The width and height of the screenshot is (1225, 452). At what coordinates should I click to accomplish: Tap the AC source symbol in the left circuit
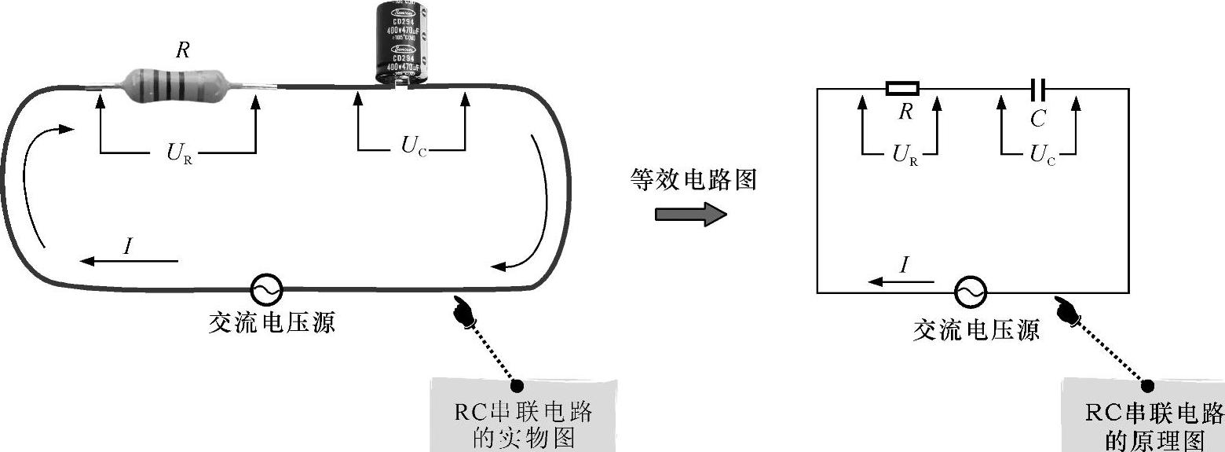pyautogui.click(x=265, y=290)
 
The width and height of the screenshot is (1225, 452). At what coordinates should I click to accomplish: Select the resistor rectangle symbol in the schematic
pyautogui.click(x=902, y=88)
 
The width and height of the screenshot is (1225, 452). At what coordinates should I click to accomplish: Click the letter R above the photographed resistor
pyautogui.click(x=182, y=50)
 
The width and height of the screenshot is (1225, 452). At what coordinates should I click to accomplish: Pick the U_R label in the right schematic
pyautogui.click(x=905, y=155)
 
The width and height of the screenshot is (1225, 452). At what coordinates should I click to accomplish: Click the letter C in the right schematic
pyautogui.click(x=1038, y=119)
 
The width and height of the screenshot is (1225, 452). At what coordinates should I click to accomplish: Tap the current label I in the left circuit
pyautogui.click(x=128, y=246)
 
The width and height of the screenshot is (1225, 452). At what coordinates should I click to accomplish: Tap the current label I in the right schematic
pyautogui.click(x=903, y=266)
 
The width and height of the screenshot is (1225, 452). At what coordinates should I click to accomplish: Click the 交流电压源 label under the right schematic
pyautogui.click(x=976, y=331)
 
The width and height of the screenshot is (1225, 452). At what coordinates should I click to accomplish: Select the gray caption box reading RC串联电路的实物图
pyautogui.click(x=523, y=416)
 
